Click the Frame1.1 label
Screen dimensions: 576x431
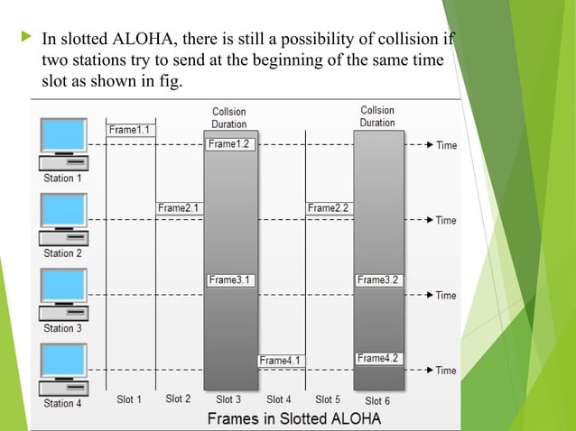coord(130,130)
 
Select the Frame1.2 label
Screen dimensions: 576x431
coord(229,144)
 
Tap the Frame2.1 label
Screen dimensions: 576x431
coord(179,207)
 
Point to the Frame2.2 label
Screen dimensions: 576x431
coord(329,207)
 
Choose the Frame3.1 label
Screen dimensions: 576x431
coord(229,280)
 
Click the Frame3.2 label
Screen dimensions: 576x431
coord(378,280)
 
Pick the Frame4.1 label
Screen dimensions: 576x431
coord(280,361)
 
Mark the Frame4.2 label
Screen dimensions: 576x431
coord(378,358)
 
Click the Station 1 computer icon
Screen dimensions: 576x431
coord(63,144)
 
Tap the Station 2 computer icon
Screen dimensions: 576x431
coord(63,219)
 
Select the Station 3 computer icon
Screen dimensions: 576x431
coord(63,295)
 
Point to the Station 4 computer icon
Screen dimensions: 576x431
coord(63,370)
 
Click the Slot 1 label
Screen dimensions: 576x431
coord(130,399)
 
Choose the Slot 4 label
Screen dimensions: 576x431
coord(279,399)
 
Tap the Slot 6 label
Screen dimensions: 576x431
coord(377,399)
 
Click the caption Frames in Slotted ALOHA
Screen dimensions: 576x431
coord(294,418)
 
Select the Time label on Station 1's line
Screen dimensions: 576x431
coord(446,145)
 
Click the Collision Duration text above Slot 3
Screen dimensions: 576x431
coord(228,117)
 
